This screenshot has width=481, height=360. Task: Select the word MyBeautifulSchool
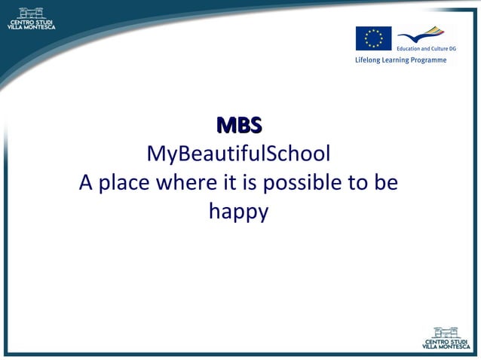coord(238,154)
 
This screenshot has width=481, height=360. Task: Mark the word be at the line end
coord(388,183)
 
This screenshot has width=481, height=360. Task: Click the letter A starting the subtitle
coord(85,183)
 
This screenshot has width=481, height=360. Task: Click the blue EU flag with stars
coord(373,38)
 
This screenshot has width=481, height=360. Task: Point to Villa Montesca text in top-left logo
coord(31,26)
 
